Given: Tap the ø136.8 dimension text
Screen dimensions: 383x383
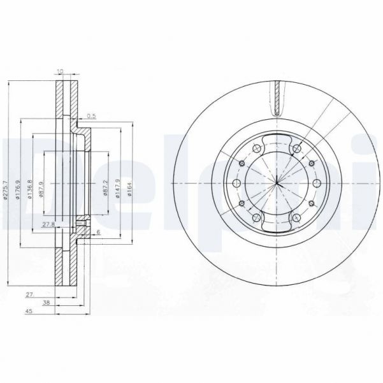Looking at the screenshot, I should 29,189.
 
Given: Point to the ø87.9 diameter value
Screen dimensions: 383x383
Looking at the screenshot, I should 41,189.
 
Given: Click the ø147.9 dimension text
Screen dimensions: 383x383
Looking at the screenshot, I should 117,189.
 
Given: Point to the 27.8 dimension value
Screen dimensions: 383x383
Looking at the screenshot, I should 48,224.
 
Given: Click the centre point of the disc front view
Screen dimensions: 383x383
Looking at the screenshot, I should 278,184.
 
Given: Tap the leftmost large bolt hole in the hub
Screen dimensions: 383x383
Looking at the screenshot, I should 236,184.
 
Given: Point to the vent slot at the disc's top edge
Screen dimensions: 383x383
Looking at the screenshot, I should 278,96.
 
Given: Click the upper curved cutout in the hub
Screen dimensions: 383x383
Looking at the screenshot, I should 278,143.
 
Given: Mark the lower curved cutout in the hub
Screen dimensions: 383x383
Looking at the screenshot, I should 278,226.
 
